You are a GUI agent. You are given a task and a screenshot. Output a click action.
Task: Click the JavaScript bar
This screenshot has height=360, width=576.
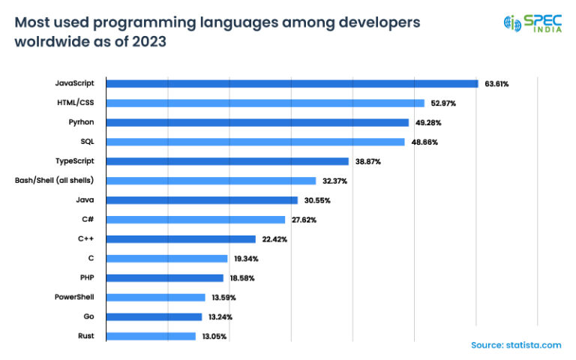[x=292, y=83]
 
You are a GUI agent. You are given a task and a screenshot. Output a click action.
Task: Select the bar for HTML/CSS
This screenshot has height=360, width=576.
[x=265, y=103]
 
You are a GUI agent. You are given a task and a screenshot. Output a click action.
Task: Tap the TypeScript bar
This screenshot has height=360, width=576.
[x=227, y=161]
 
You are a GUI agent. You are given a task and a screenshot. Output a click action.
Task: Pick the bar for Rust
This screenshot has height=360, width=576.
[x=151, y=336]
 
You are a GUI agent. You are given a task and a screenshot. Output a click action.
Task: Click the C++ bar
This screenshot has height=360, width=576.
[x=181, y=239]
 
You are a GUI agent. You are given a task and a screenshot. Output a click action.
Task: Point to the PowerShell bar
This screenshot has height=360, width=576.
[x=155, y=297]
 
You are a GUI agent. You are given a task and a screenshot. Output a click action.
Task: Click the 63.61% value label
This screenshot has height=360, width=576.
[x=496, y=84]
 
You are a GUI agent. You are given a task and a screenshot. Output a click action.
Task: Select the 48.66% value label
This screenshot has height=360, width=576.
[x=423, y=142]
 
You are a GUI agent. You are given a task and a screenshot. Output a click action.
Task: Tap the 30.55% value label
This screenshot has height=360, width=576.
[x=316, y=200]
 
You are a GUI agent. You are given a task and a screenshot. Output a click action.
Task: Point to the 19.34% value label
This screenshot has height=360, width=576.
[x=245, y=259]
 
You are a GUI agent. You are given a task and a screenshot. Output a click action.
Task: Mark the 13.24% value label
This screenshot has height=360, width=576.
[x=219, y=317]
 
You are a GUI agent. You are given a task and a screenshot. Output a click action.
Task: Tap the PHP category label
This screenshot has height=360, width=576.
[x=85, y=277]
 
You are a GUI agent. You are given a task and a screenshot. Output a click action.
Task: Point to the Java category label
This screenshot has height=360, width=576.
[x=84, y=199]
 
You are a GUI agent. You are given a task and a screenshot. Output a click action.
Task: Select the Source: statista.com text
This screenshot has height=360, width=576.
[x=515, y=345]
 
